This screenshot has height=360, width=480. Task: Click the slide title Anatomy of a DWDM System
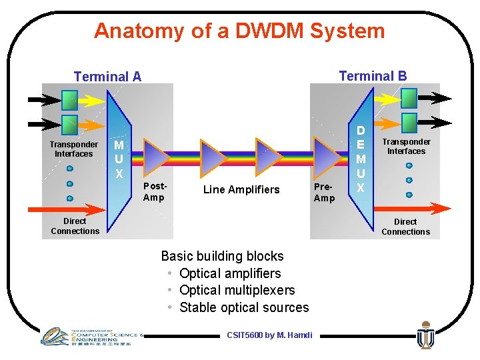(239, 31)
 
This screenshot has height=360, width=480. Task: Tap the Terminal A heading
(107, 77)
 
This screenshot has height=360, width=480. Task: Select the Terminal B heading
(373, 76)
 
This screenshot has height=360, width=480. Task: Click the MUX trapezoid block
(119, 159)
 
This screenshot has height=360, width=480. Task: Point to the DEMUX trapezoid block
(361, 159)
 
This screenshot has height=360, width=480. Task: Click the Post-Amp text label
(154, 192)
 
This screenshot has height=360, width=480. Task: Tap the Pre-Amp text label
(324, 193)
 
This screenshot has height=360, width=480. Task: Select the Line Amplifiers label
(241, 190)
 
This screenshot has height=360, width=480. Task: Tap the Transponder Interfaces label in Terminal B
(406, 146)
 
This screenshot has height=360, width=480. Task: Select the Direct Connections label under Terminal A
(75, 226)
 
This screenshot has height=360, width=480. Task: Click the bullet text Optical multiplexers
(237, 290)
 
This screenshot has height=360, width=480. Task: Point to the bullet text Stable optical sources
(244, 307)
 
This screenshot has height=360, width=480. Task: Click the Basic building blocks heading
(222, 256)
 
